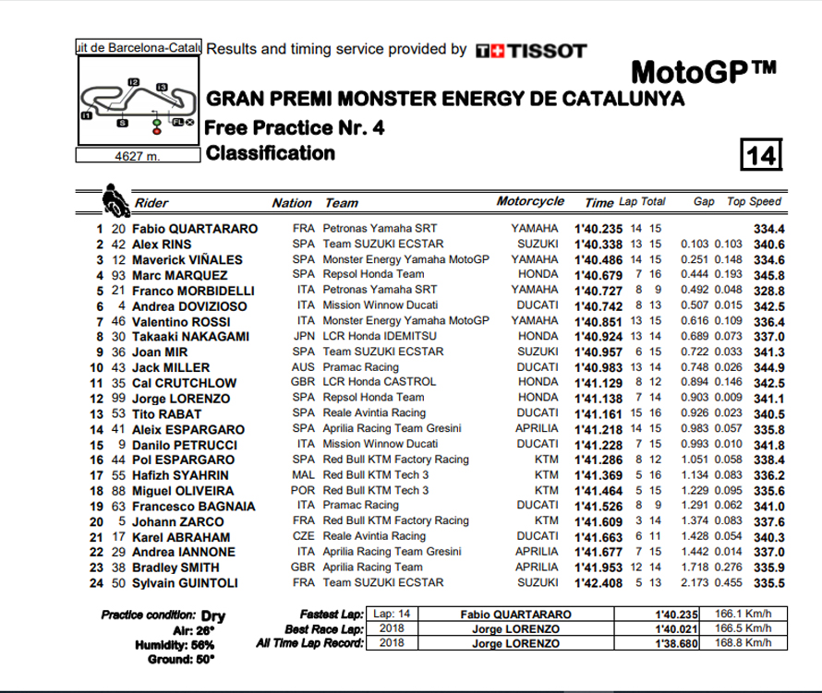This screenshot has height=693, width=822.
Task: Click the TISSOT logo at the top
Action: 530,51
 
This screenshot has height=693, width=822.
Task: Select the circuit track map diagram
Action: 137,102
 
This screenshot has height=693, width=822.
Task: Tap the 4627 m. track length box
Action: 137,156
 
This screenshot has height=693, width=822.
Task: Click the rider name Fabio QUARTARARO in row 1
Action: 194,229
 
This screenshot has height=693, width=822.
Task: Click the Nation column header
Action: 291,203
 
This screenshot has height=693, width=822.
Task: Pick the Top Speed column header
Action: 755,202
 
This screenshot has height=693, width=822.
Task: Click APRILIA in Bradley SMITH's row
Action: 536,567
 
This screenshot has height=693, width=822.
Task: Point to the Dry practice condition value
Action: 212,615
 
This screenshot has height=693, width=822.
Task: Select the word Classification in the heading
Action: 270,153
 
